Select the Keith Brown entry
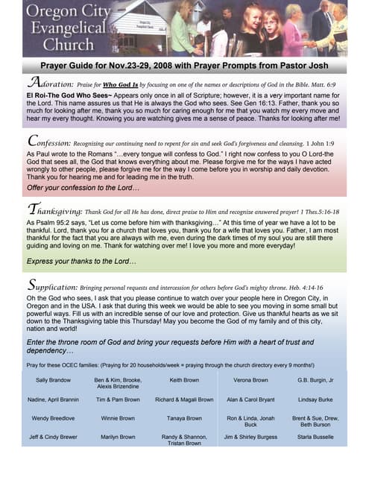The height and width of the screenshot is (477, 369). coord(180,380)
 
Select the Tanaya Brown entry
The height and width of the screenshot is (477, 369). coord(180,419)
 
